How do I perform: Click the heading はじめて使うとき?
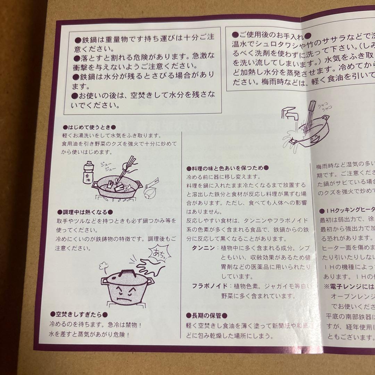click(x=89, y=127)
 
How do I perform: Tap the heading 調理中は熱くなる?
click(x=85, y=212)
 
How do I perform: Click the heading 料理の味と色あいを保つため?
click(x=227, y=168)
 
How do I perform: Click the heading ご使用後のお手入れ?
click(x=270, y=35)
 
